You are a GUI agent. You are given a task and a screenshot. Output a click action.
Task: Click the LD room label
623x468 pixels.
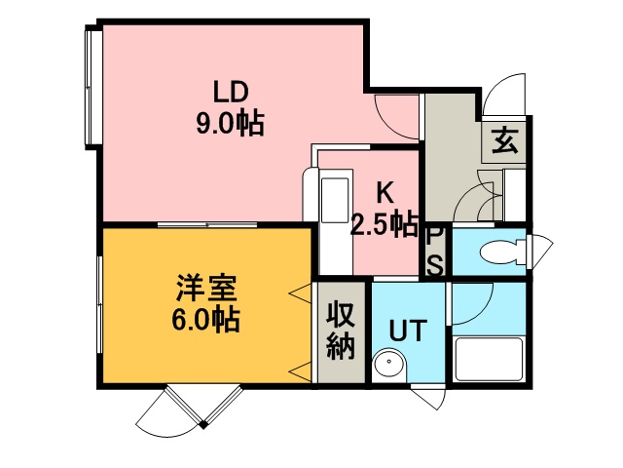pyautogui.click(x=231, y=92)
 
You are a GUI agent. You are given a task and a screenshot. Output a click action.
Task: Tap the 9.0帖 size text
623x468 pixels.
pyautogui.click(x=230, y=123)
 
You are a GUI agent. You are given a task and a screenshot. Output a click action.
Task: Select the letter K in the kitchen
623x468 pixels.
pyautogui.click(x=385, y=194)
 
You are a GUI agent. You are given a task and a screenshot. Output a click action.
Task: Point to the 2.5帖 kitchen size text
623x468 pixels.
pyautogui.click(x=385, y=225)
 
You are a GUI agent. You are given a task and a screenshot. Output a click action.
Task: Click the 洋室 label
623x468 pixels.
pyautogui.click(x=206, y=289)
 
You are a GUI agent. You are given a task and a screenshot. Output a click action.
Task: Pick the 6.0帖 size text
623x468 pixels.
pyautogui.click(x=205, y=319)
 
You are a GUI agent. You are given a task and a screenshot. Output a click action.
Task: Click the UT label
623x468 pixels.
pyautogui.click(x=408, y=331)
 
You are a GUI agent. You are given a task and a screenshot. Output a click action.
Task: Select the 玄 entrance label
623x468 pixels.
pyautogui.click(x=505, y=140)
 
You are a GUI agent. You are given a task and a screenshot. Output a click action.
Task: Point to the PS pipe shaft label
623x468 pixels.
pyautogui.click(x=435, y=252)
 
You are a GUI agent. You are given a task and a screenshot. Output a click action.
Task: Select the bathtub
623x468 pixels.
pyautogui.click(x=489, y=360)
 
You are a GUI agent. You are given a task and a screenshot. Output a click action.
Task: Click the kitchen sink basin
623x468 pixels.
pyautogui.click(x=335, y=200)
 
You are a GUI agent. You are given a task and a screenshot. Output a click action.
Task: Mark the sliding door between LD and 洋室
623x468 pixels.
pyautogui.click(x=207, y=225)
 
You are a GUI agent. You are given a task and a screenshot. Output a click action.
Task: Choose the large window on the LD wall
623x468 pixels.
pyautogui.click(x=91, y=87)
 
